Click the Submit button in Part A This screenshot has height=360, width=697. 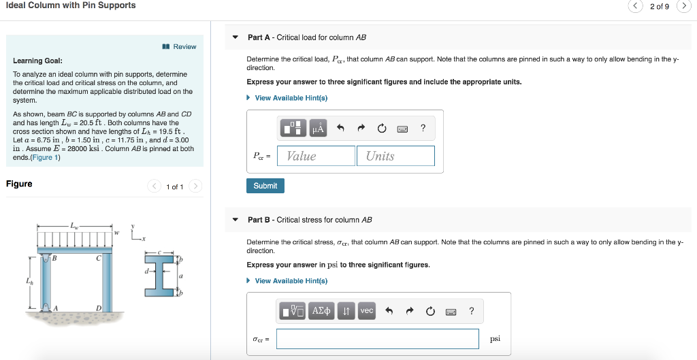pos(265,186)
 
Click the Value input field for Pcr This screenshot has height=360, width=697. pos(316,156)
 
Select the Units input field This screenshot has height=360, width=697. pos(395,156)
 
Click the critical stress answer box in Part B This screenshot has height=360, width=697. pos(377,338)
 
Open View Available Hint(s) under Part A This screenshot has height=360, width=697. pos(291,98)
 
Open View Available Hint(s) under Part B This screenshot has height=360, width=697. pos(291,281)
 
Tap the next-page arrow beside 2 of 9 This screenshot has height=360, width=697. pos(683,6)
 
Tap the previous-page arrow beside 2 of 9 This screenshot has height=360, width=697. pos(635,6)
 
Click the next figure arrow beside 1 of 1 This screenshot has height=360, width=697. pos(195,186)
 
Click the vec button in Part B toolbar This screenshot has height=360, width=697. pos(367,311)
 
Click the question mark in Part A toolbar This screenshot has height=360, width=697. pos(423,128)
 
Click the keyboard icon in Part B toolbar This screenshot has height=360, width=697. pos(450,312)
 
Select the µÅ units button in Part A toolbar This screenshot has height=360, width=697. pos(318,128)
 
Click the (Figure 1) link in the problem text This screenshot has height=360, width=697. pos(48,158)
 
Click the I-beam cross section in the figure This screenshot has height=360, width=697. pos(162,275)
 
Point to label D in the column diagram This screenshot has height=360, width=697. pos(99,308)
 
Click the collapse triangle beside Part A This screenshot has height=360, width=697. pos(236,37)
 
